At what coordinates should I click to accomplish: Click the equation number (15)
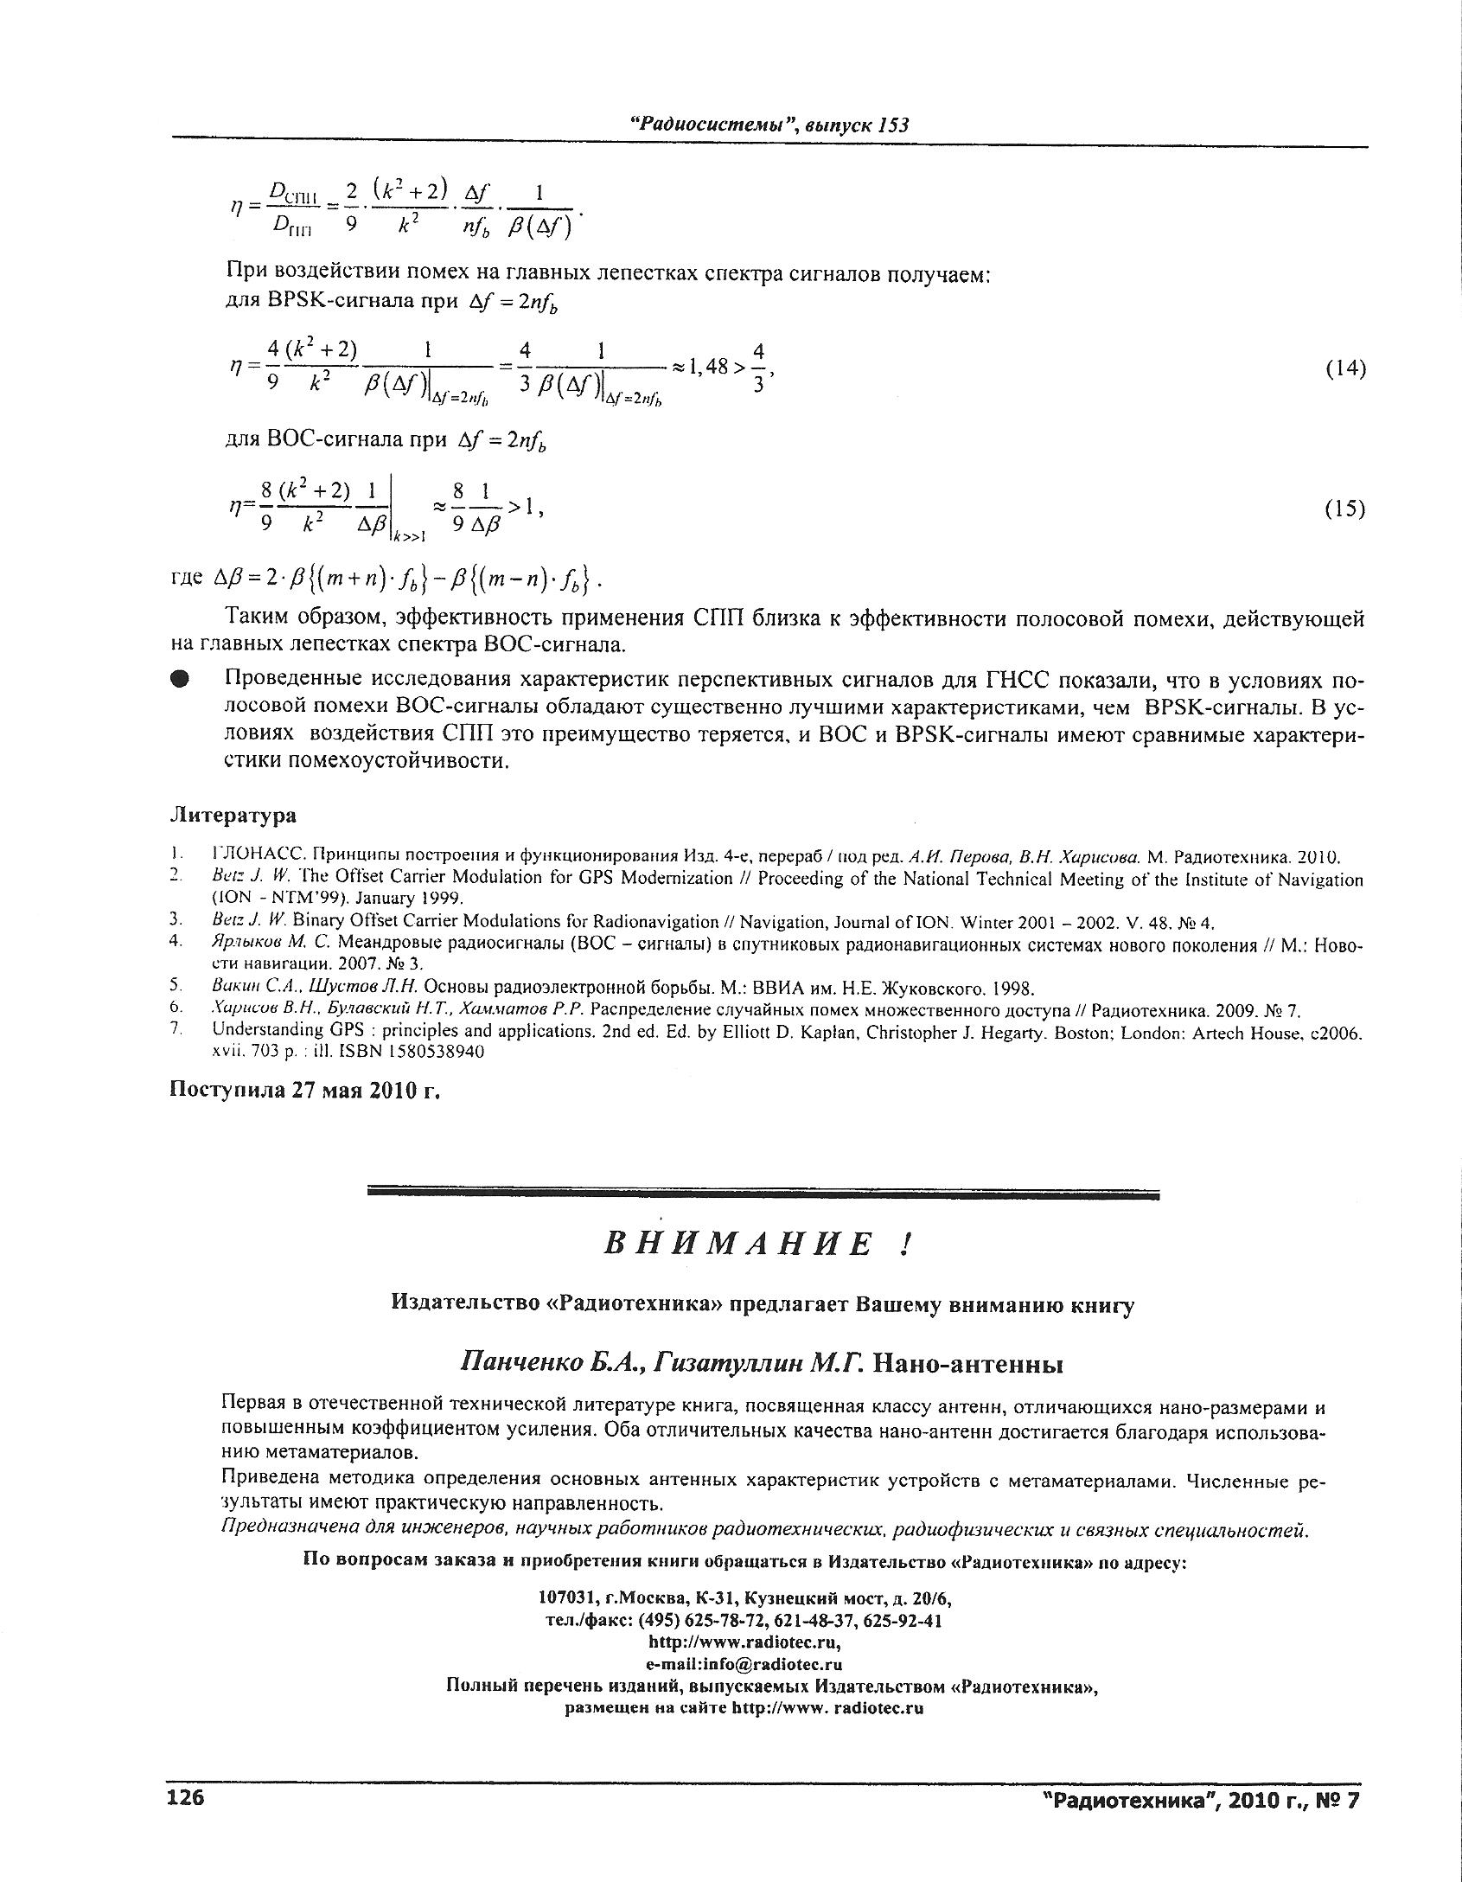(1345, 509)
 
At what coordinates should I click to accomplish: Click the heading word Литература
(233, 816)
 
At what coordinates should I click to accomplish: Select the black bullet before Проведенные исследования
(180, 680)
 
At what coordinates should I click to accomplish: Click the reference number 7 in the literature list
(176, 1028)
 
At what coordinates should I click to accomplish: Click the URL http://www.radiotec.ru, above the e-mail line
(744, 1642)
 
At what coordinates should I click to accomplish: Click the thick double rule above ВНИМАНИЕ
(763, 1194)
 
